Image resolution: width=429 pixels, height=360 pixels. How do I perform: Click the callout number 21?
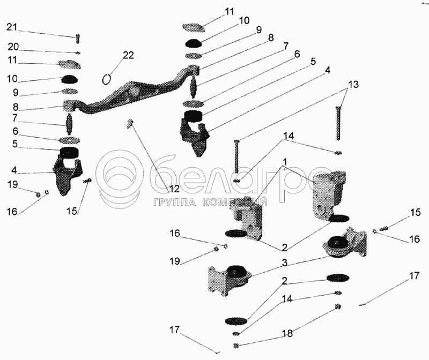coord(12,27)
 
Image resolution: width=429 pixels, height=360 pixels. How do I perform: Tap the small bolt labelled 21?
coord(78,39)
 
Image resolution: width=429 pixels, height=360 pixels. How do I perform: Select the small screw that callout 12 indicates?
coord(130,124)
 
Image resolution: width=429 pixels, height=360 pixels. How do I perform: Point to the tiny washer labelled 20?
coord(78,52)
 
